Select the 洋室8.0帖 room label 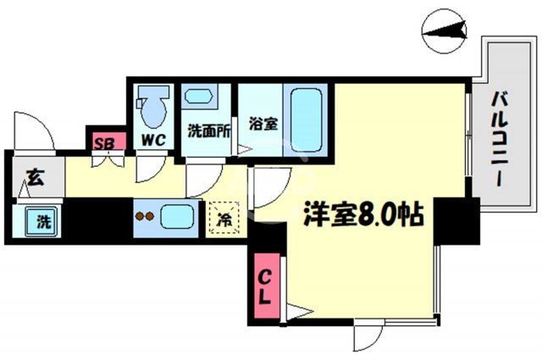[x=363, y=213]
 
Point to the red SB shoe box [x=107, y=141]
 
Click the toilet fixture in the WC [x=153, y=105]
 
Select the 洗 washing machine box [x=41, y=223]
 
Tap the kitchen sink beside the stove [x=178, y=215]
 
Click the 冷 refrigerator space [x=225, y=217]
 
